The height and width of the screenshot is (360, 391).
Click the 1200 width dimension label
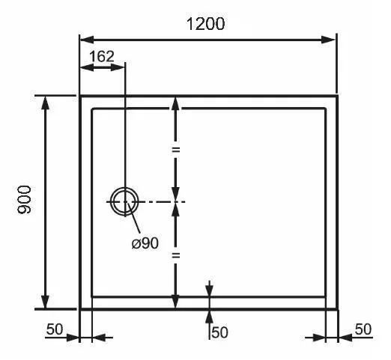[x=205, y=24]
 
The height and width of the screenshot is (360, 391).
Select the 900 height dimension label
[x=24, y=199]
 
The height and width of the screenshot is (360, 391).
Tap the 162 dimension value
[x=102, y=56]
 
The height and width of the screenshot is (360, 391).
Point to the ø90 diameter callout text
[x=145, y=242]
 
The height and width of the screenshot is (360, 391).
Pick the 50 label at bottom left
[x=55, y=329]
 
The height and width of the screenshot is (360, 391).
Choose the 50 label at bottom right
[x=363, y=329]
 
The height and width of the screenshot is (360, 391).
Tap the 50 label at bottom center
[x=219, y=332]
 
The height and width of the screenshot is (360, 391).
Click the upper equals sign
[x=176, y=150]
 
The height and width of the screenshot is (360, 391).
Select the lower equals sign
[x=176, y=255]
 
